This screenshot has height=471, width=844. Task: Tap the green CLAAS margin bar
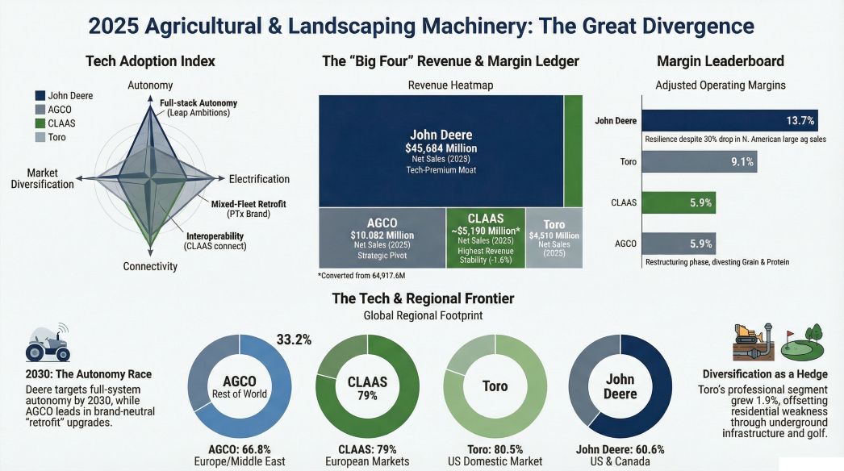pyautogui.click(x=678, y=203)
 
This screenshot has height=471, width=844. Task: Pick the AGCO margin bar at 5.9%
pyautogui.click(x=678, y=244)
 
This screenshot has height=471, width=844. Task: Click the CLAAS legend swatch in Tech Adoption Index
pyautogui.click(x=40, y=123)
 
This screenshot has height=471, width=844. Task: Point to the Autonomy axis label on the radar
pyautogui.click(x=150, y=85)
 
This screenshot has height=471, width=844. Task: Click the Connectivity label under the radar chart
pyautogui.click(x=150, y=266)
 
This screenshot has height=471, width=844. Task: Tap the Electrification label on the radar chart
pyautogui.click(x=259, y=179)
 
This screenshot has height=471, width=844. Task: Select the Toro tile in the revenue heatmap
pyautogui.click(x=554, y=238)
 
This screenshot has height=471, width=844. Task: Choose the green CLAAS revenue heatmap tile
pyautogui.click(x=485, y=238)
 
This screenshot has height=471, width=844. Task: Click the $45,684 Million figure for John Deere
pyautogui.click(x=441, y=148)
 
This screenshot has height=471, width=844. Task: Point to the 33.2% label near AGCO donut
pyautogui.click(x=295, y=340)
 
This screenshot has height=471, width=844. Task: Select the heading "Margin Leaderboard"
pyautogui.click(x=720, y=61)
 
